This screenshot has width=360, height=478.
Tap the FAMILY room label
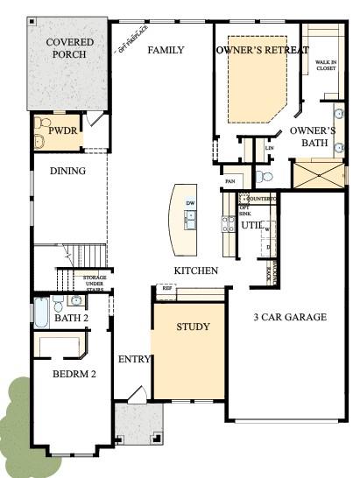(165, 51)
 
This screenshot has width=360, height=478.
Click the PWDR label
(63, 130)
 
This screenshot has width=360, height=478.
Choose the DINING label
(67, 172)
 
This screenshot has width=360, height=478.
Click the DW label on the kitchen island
(189, 204)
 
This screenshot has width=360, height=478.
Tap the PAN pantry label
(229, 181)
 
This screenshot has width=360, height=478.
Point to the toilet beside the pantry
(267, 177)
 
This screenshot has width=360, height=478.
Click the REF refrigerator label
(166, 287)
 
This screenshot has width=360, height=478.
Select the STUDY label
(193, 327)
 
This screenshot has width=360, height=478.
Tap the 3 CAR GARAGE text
(290, 317)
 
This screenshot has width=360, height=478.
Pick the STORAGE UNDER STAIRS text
(95, 284)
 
